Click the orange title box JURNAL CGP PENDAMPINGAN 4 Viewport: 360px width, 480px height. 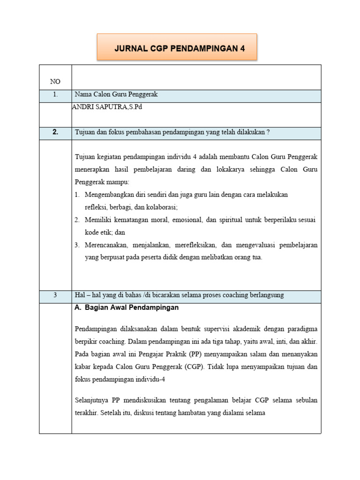pos(177,48)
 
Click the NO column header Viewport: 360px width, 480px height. pos(55,82)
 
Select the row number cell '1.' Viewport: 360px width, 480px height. pos(55,95)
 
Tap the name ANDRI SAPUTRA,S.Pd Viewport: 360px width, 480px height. pos(106,107)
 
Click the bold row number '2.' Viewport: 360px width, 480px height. pos(55,132)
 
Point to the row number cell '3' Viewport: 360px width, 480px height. pos(55,295)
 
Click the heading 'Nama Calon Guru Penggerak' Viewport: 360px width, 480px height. pos(116,95)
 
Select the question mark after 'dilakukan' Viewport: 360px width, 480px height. pos(268,133)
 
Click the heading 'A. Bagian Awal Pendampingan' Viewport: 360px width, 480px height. pos(127,308)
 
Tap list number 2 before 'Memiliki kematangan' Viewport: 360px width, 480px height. pos(77,219)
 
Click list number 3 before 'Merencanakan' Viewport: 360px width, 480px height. pos(77,245)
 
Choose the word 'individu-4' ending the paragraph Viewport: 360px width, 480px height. pos(150,380)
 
